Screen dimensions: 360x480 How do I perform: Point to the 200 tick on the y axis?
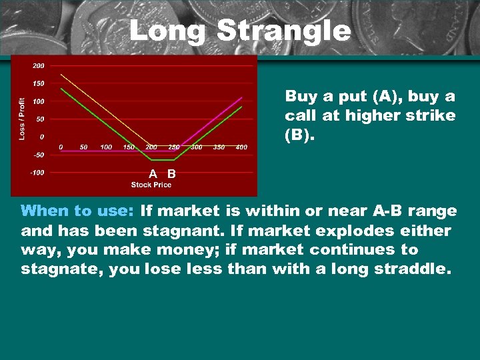pos(38,65)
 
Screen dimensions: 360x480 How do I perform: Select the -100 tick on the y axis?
pos(37,173)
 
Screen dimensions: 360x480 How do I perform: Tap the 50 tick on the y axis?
pos(40,119)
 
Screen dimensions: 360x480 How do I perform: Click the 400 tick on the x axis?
pos(241,147)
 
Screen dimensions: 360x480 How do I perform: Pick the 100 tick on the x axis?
pos(106,147)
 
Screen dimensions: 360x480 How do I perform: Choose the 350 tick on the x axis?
pos(219,147)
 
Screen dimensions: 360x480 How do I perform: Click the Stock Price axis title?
pos(151,185)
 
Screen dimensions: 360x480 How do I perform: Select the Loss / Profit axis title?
pos(23,119)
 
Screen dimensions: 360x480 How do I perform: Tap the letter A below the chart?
pos(153,174)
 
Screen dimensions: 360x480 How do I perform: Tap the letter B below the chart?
pos(171,174)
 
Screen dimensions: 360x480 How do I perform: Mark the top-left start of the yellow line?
pos(62,74)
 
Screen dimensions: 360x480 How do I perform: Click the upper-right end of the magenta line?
pos(241,98)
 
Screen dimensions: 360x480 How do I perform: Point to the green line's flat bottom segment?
pos(163,160)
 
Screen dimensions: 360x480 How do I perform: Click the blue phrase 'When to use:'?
pos(77,211)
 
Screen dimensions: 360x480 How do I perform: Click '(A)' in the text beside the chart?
pos(379,97)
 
